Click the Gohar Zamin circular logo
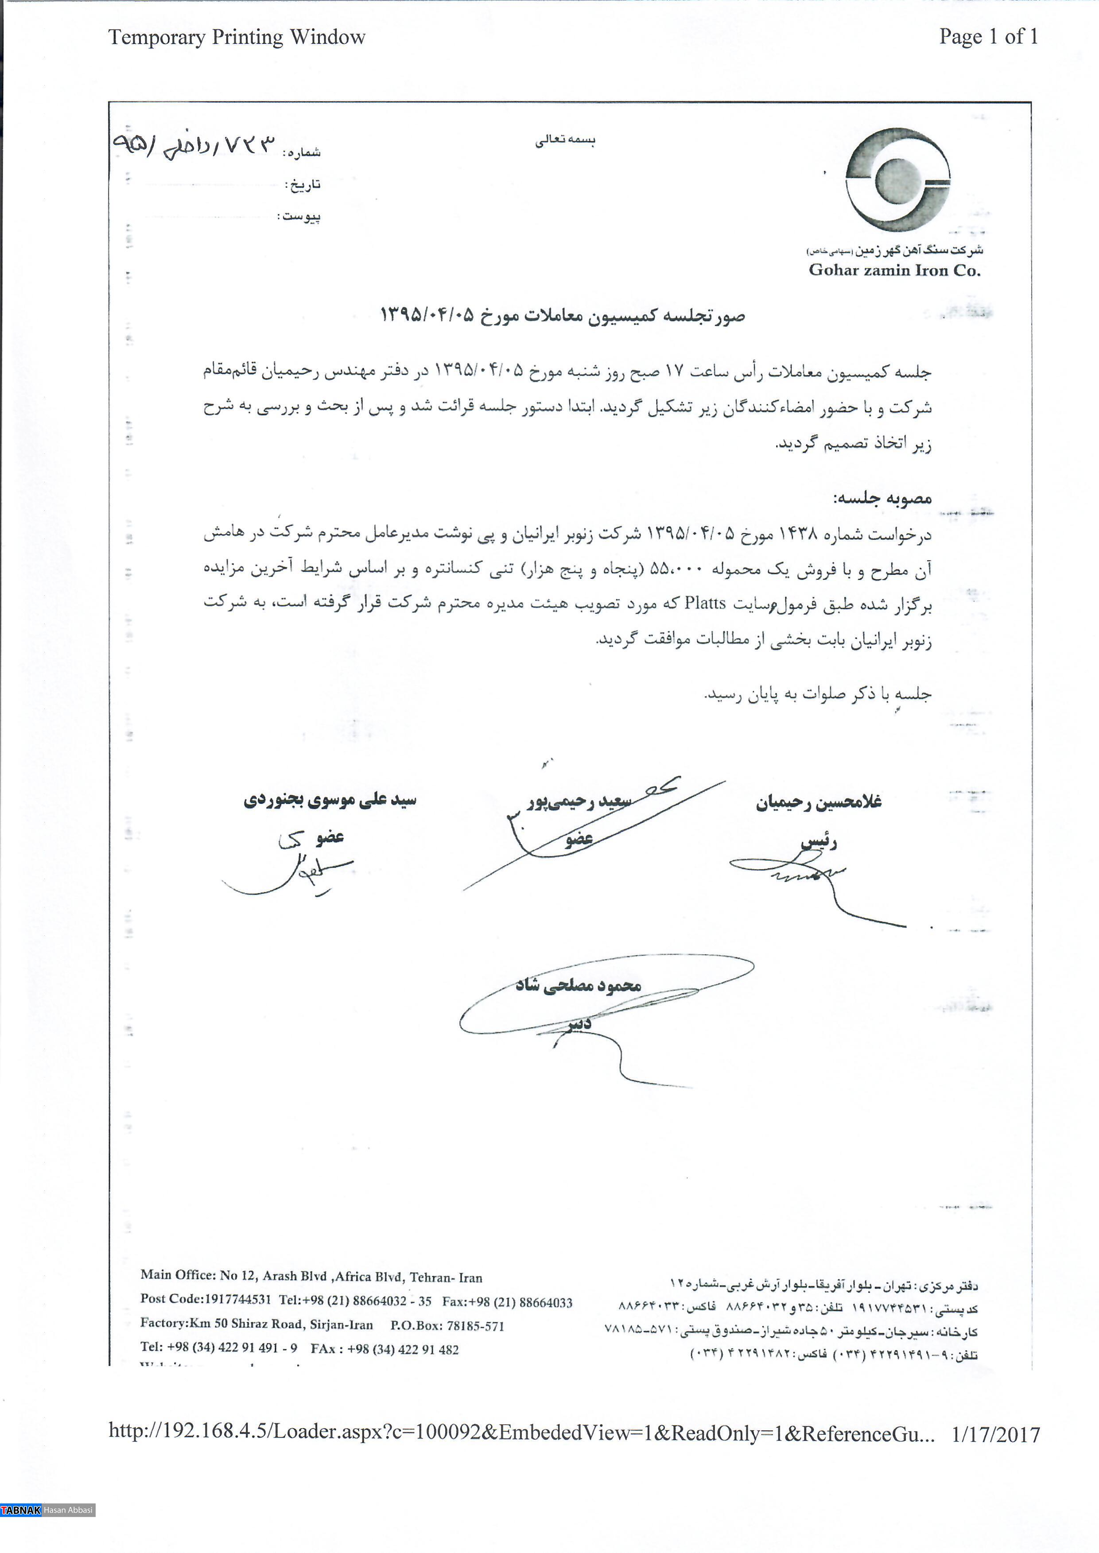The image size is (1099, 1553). coord(897,181)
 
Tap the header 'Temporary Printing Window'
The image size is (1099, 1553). coord(237,37)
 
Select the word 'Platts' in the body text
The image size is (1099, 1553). coord(705,603)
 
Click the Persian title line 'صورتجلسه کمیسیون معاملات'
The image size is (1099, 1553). coord(562,316)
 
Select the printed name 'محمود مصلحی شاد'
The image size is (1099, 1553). coord(578,985)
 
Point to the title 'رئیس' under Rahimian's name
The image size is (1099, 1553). coord(819,842)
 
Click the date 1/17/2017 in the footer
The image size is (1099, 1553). coord(995,1435)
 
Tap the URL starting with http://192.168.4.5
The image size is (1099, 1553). coord(521,1433)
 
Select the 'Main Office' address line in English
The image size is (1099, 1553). coord(311,1276)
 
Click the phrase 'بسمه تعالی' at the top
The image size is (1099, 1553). coord(565,140)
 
